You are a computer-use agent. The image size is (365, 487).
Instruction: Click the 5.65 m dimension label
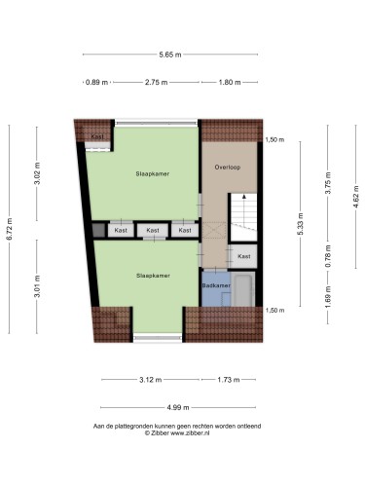click(170, 55)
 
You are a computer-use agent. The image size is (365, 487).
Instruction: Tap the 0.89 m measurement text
click(96, 82)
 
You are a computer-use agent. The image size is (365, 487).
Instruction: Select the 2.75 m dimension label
click(157, 82)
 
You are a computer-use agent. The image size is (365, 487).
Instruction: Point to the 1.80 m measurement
click(230, 82)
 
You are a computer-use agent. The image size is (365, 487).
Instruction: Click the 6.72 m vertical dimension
click(9, 229)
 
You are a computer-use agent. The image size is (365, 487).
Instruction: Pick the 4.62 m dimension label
click(356, 197)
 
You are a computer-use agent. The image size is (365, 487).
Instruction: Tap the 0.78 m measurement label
click(328, 256)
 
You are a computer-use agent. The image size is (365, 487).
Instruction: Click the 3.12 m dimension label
click(151, 380)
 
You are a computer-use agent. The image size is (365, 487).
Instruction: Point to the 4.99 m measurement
click(178, 407)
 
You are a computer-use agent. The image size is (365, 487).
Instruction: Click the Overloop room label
click(228, 168)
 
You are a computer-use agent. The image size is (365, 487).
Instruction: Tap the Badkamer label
click(216, 285)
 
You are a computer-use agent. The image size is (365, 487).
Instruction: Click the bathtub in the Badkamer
click(243, 289)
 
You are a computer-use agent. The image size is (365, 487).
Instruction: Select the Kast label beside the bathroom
click(244, 256)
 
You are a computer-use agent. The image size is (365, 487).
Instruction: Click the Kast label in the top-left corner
click(97, 136)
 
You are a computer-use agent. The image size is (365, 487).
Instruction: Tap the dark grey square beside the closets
click(98, 230)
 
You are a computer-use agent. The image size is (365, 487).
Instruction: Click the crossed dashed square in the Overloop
click(214, 230)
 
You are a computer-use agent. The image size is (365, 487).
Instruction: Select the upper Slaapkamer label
click(153, 173)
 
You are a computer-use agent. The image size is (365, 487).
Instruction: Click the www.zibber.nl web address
click(190, 433)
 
